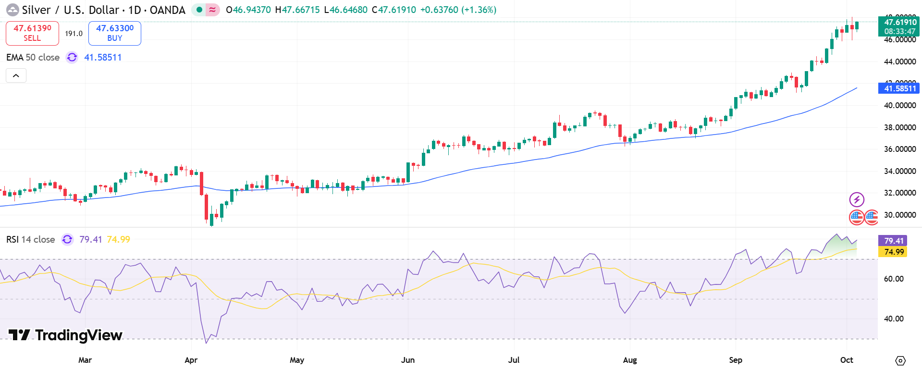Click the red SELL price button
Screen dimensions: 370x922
tap(32, 33)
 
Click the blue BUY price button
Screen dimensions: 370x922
tap(114, 33)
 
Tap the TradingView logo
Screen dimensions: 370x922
tap(65, 335)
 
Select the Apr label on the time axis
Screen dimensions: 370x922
tap(191, 360)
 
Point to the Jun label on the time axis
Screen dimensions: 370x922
tap(407, 360)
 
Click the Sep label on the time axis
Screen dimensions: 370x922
tap(735, 360)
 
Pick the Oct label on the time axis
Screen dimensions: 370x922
tap(846, 360)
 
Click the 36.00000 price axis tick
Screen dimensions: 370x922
tap(899, 149)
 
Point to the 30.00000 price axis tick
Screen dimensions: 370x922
tap(899, 215)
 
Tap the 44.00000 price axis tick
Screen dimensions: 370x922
tap(899, 62)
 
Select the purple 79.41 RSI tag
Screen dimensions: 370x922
tap(893, 241)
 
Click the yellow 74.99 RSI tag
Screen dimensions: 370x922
tap(893, 252)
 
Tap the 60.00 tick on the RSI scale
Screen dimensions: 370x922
tap(893, 279)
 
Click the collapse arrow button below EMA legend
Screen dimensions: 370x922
tap(16, 75)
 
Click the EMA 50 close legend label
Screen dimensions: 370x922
tap(33, 58)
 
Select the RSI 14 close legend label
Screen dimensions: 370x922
tap(30, 239)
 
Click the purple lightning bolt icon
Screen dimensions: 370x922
tap(857, 199)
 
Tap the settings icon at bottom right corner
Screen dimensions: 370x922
tap(900, 360)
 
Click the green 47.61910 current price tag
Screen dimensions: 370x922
tap(898, 26)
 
